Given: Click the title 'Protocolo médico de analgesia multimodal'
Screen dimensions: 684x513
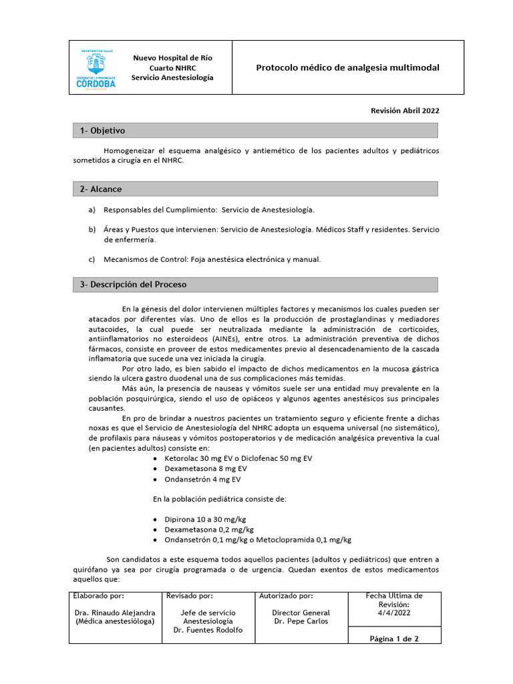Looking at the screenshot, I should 348,68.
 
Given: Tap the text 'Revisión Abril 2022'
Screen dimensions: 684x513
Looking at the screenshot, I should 405,111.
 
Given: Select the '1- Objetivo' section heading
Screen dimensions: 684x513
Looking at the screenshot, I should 102,131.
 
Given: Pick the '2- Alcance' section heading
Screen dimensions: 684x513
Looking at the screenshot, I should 101,189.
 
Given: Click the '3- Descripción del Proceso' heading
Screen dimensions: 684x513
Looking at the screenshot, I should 133,285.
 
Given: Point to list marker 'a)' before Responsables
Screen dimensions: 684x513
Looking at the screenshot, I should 92,210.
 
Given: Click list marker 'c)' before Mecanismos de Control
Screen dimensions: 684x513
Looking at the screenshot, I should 92,259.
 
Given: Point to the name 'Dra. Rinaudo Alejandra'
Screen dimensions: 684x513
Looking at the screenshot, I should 115,613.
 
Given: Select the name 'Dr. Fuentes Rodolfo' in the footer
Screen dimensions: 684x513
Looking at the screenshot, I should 208,630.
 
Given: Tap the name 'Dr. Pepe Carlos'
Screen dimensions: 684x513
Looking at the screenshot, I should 301,621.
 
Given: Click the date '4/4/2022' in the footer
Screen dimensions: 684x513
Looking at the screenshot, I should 394,613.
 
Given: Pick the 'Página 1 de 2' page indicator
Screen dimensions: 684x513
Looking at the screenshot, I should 394,639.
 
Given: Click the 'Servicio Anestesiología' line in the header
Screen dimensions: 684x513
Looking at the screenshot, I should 172,78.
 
